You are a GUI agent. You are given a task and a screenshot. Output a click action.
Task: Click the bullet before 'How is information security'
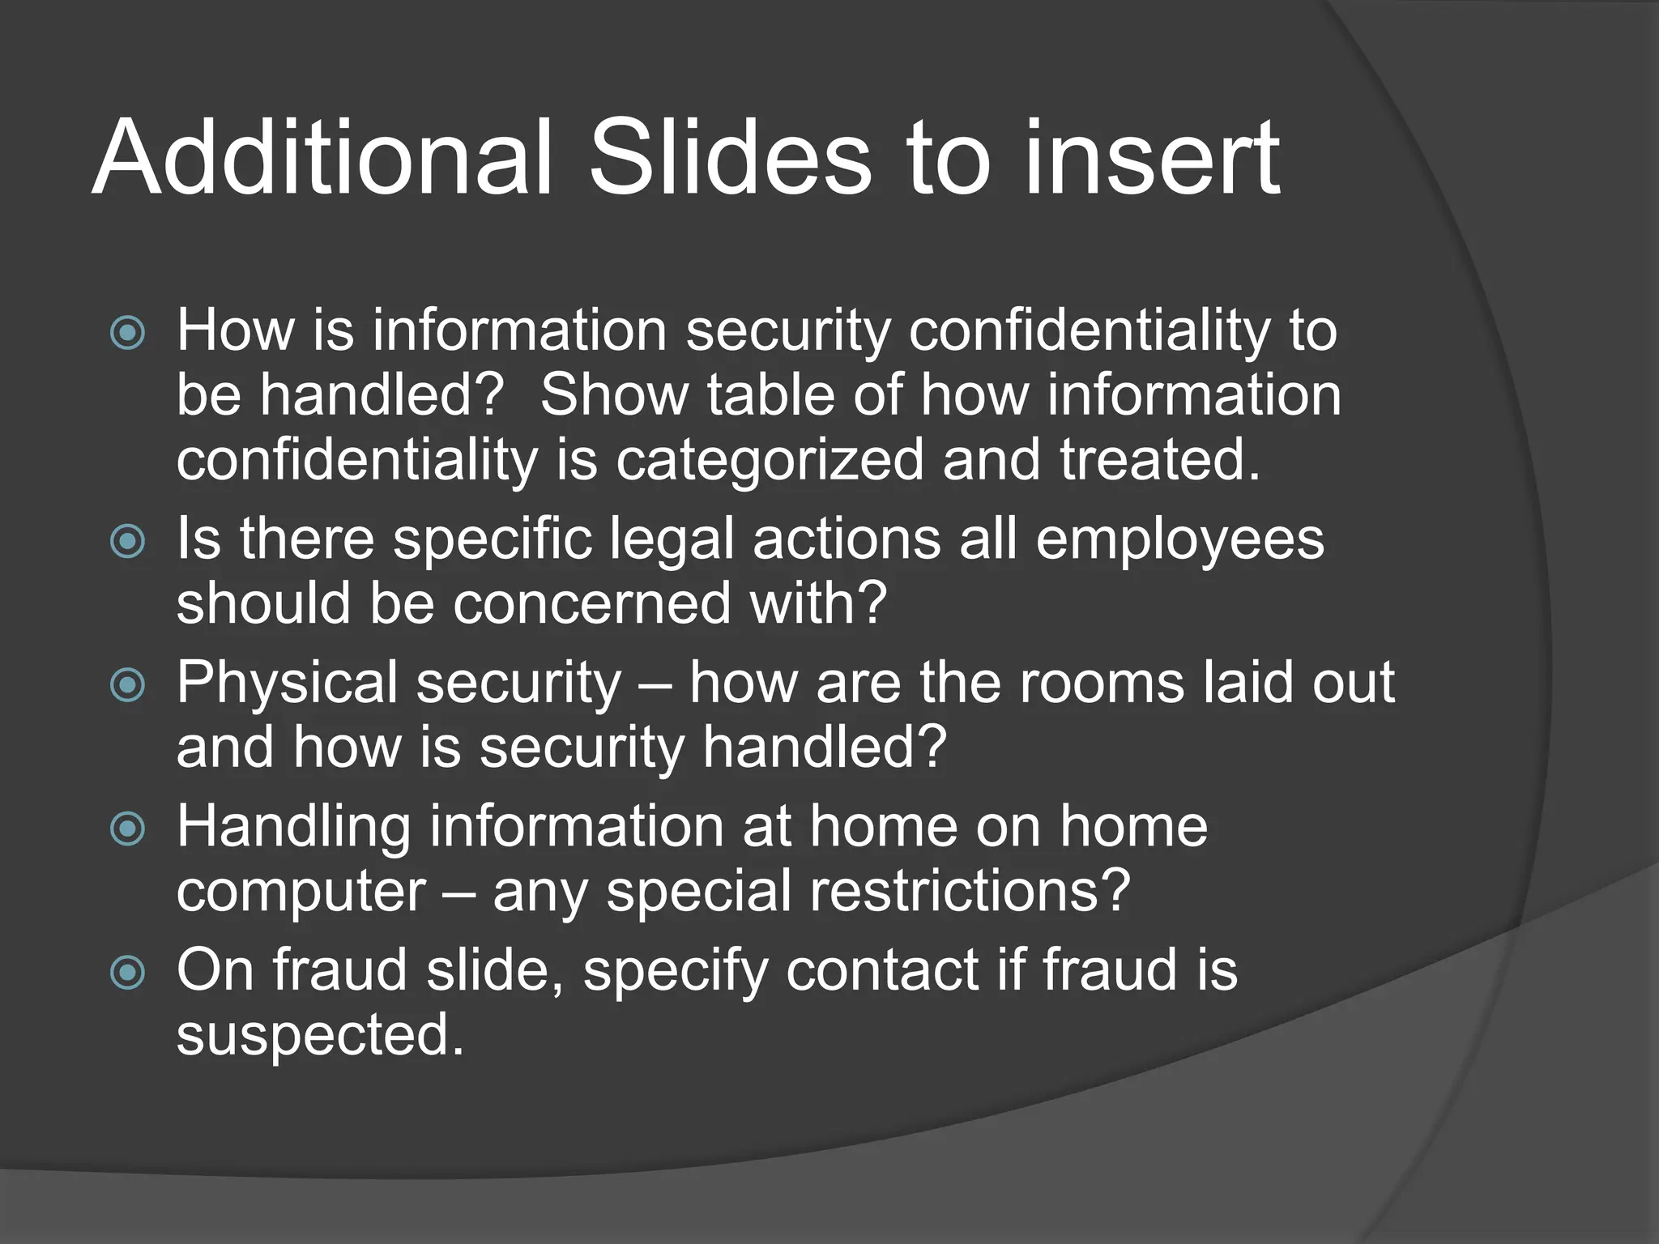[x=128, y=333]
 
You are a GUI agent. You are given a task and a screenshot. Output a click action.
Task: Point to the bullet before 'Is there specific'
[x=128, y=541]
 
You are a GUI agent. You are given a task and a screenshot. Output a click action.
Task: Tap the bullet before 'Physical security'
[x=128, y=685]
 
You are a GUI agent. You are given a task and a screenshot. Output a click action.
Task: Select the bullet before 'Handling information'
[x=128, y=829]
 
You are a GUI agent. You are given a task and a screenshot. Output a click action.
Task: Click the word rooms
[x=1102, y=684]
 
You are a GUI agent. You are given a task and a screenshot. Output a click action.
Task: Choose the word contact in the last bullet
[x=882, y=971]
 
